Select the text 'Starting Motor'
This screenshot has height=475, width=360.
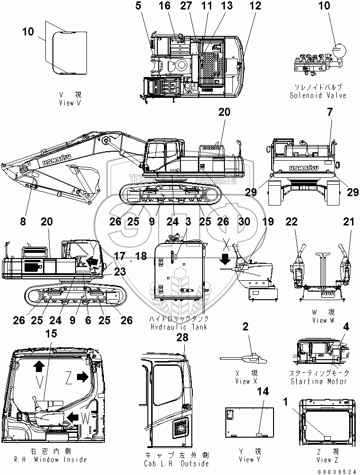(x=319, y=381)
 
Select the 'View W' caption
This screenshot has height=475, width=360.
(x=319, y=320)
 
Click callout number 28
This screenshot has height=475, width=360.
(x=182, y=337)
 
